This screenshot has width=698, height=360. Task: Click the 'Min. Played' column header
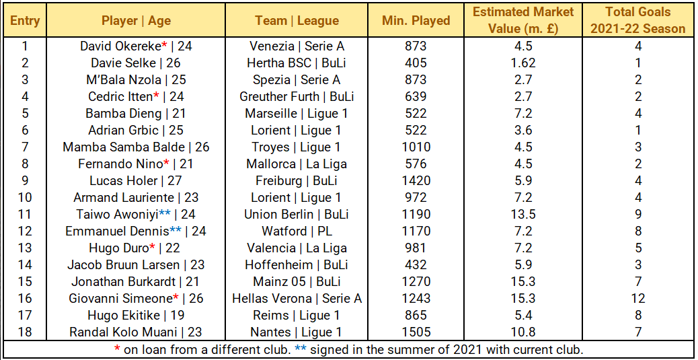[416, 20]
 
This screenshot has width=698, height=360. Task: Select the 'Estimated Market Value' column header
[523, 20]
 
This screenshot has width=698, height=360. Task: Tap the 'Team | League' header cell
[297, 20]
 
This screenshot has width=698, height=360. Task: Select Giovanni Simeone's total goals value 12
[637, 299]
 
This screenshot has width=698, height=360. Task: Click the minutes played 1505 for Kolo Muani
[416, 332]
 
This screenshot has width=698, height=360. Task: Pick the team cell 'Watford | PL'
[297, 231]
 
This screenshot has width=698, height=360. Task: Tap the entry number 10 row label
[25, 198]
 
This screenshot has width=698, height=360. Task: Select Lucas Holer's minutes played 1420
[416, 181]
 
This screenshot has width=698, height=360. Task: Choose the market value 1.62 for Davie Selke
[523, 63]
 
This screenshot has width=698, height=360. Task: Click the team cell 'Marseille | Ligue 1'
[297, 114]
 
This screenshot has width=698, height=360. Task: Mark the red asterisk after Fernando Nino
[166, 162]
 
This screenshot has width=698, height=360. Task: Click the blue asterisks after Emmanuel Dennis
[176, 229]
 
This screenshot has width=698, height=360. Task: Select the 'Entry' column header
[25, 20]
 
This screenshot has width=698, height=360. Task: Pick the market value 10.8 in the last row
[523, 332]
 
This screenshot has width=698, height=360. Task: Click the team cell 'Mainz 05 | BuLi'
[297, 282]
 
